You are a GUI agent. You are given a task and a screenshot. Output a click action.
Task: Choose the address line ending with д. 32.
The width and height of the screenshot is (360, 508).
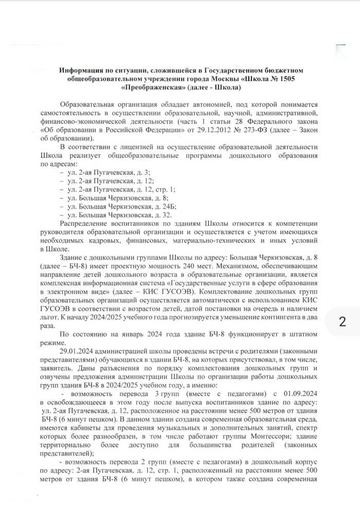pos(116,215)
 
